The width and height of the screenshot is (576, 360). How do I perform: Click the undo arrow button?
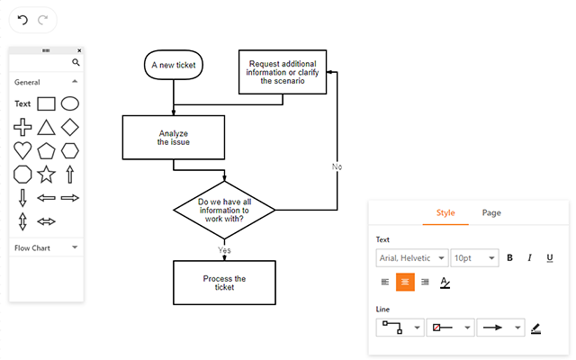click(x=22, y=19)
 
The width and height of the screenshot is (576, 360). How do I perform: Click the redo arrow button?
click(x=42, y=19)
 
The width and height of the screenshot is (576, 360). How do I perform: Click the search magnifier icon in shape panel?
click(x=76, y=63)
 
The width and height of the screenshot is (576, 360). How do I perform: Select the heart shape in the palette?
click(x=22, y=149)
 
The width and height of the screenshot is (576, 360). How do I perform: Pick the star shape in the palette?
click(x=46, y=174)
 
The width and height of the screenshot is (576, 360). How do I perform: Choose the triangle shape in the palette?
click(x=46, y=127)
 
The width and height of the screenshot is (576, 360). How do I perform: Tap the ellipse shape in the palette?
click(x=69, y=103)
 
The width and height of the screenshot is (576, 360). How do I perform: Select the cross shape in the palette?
click(x=22, y=127)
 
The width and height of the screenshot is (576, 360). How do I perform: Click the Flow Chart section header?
click(x=46, y=247)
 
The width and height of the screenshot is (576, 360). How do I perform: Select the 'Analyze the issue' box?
click(x=174, y=137)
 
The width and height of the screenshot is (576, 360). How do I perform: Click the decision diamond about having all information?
click(x=224, y=211)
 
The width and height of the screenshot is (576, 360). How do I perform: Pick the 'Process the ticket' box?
click(x=224, y=283)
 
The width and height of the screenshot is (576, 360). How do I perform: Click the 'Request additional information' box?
click(x=283, y=71)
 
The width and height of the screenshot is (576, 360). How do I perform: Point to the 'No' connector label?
click(x=337, y=166)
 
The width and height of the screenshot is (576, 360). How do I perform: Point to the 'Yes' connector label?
click(x=224, y=249)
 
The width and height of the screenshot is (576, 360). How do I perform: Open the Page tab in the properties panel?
click(x=491, y=212)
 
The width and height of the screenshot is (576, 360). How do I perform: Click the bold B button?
click(x=509, y=258)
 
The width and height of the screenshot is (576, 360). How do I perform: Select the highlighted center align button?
click(x=405, y=282)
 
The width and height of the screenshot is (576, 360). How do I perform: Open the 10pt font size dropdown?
click(x=474, y=258)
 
